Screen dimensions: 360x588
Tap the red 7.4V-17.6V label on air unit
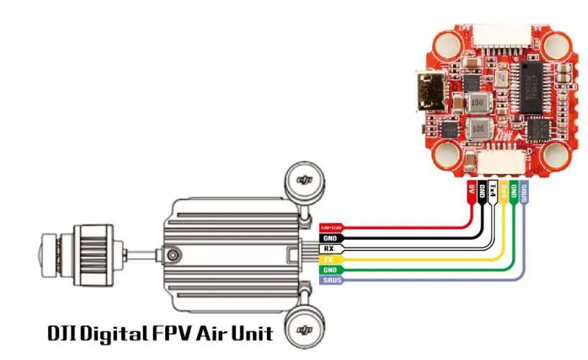point(330,227)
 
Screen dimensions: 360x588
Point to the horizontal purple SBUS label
point(330,279)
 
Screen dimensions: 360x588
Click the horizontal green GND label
point(330,269)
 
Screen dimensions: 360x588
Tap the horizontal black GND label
point(330,237)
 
